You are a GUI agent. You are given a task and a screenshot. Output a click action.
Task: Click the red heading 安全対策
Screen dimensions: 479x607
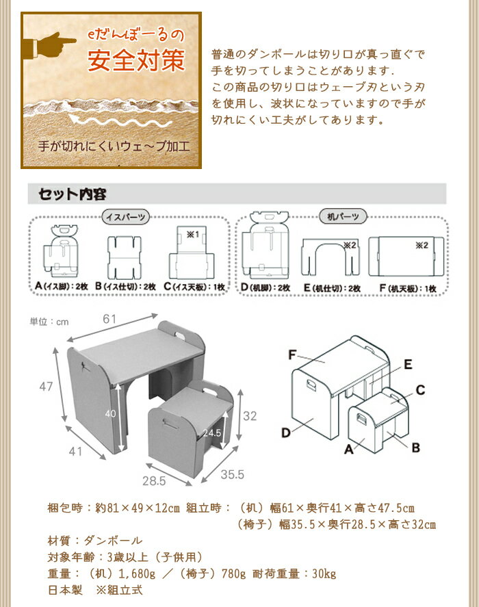136,61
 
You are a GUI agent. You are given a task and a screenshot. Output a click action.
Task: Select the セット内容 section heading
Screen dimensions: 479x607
73,194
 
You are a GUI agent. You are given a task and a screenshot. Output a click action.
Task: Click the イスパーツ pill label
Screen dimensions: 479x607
125,217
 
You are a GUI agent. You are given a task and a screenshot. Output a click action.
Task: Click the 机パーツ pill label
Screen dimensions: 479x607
343,216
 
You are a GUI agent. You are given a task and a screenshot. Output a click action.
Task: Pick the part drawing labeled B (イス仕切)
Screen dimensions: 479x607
124,257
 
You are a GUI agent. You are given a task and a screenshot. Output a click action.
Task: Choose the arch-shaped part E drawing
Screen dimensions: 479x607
331,257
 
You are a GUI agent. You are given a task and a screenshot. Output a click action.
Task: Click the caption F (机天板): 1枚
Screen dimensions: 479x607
408,288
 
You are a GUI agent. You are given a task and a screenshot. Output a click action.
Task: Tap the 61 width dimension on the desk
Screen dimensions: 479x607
109,319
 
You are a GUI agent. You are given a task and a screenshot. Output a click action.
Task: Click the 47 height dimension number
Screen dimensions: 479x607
46,387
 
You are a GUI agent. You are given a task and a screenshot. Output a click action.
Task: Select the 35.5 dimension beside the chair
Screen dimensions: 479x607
233,474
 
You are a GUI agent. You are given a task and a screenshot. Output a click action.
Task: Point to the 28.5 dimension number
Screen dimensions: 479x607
154,481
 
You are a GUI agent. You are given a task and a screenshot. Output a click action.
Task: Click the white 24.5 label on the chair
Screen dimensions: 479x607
212,432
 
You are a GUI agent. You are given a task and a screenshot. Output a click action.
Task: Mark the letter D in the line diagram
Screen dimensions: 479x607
286,432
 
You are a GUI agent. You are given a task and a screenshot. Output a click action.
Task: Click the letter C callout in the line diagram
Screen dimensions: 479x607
421,390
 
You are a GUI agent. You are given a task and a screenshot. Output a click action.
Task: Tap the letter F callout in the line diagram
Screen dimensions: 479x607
292,354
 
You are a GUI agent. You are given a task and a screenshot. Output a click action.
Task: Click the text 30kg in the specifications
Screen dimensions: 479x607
324,573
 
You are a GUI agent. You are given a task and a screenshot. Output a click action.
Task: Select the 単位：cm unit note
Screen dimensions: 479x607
49,322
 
